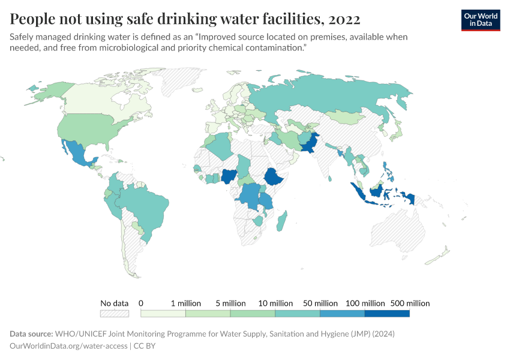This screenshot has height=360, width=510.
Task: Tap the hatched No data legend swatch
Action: pos(115,313)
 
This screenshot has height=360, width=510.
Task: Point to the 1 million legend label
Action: pos(185,303)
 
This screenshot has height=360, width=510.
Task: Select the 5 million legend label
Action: pos(230,303)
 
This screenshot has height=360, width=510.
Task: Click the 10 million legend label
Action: pos(275,303)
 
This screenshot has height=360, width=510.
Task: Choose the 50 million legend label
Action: pos(320,303)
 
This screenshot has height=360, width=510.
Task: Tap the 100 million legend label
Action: pos(365,303)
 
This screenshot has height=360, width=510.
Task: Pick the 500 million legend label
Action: pos(410,303)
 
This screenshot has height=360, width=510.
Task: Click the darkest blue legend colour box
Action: pos(387,313)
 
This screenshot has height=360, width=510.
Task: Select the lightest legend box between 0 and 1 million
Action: pos(163,313)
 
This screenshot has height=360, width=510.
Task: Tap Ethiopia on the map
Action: pos(274,178)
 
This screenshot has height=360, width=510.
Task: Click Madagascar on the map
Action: pos(281,221)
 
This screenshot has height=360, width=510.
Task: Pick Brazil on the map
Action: pos(144,207)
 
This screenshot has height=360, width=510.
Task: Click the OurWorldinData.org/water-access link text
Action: pos(68,346)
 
